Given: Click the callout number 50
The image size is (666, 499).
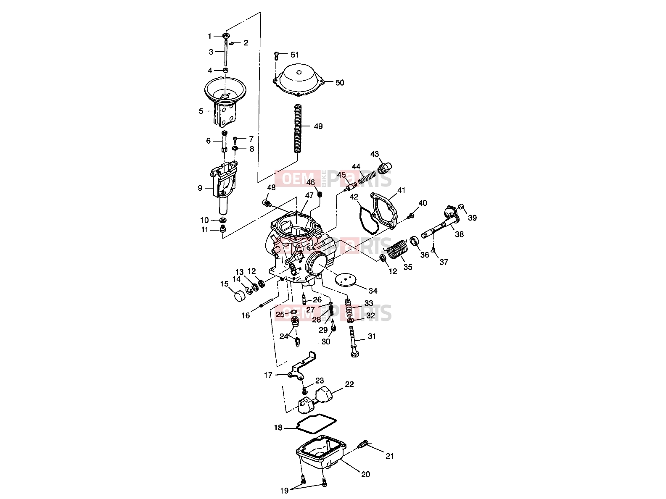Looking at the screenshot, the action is (340, 82).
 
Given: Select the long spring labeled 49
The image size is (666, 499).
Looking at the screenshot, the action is (299, 129).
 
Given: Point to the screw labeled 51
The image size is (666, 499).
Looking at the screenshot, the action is (276, 56).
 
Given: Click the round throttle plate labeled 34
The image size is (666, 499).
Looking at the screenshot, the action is (346, 280).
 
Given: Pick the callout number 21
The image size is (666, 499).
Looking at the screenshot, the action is (390, 456).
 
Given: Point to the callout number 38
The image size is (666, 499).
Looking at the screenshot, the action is (459, 234).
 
